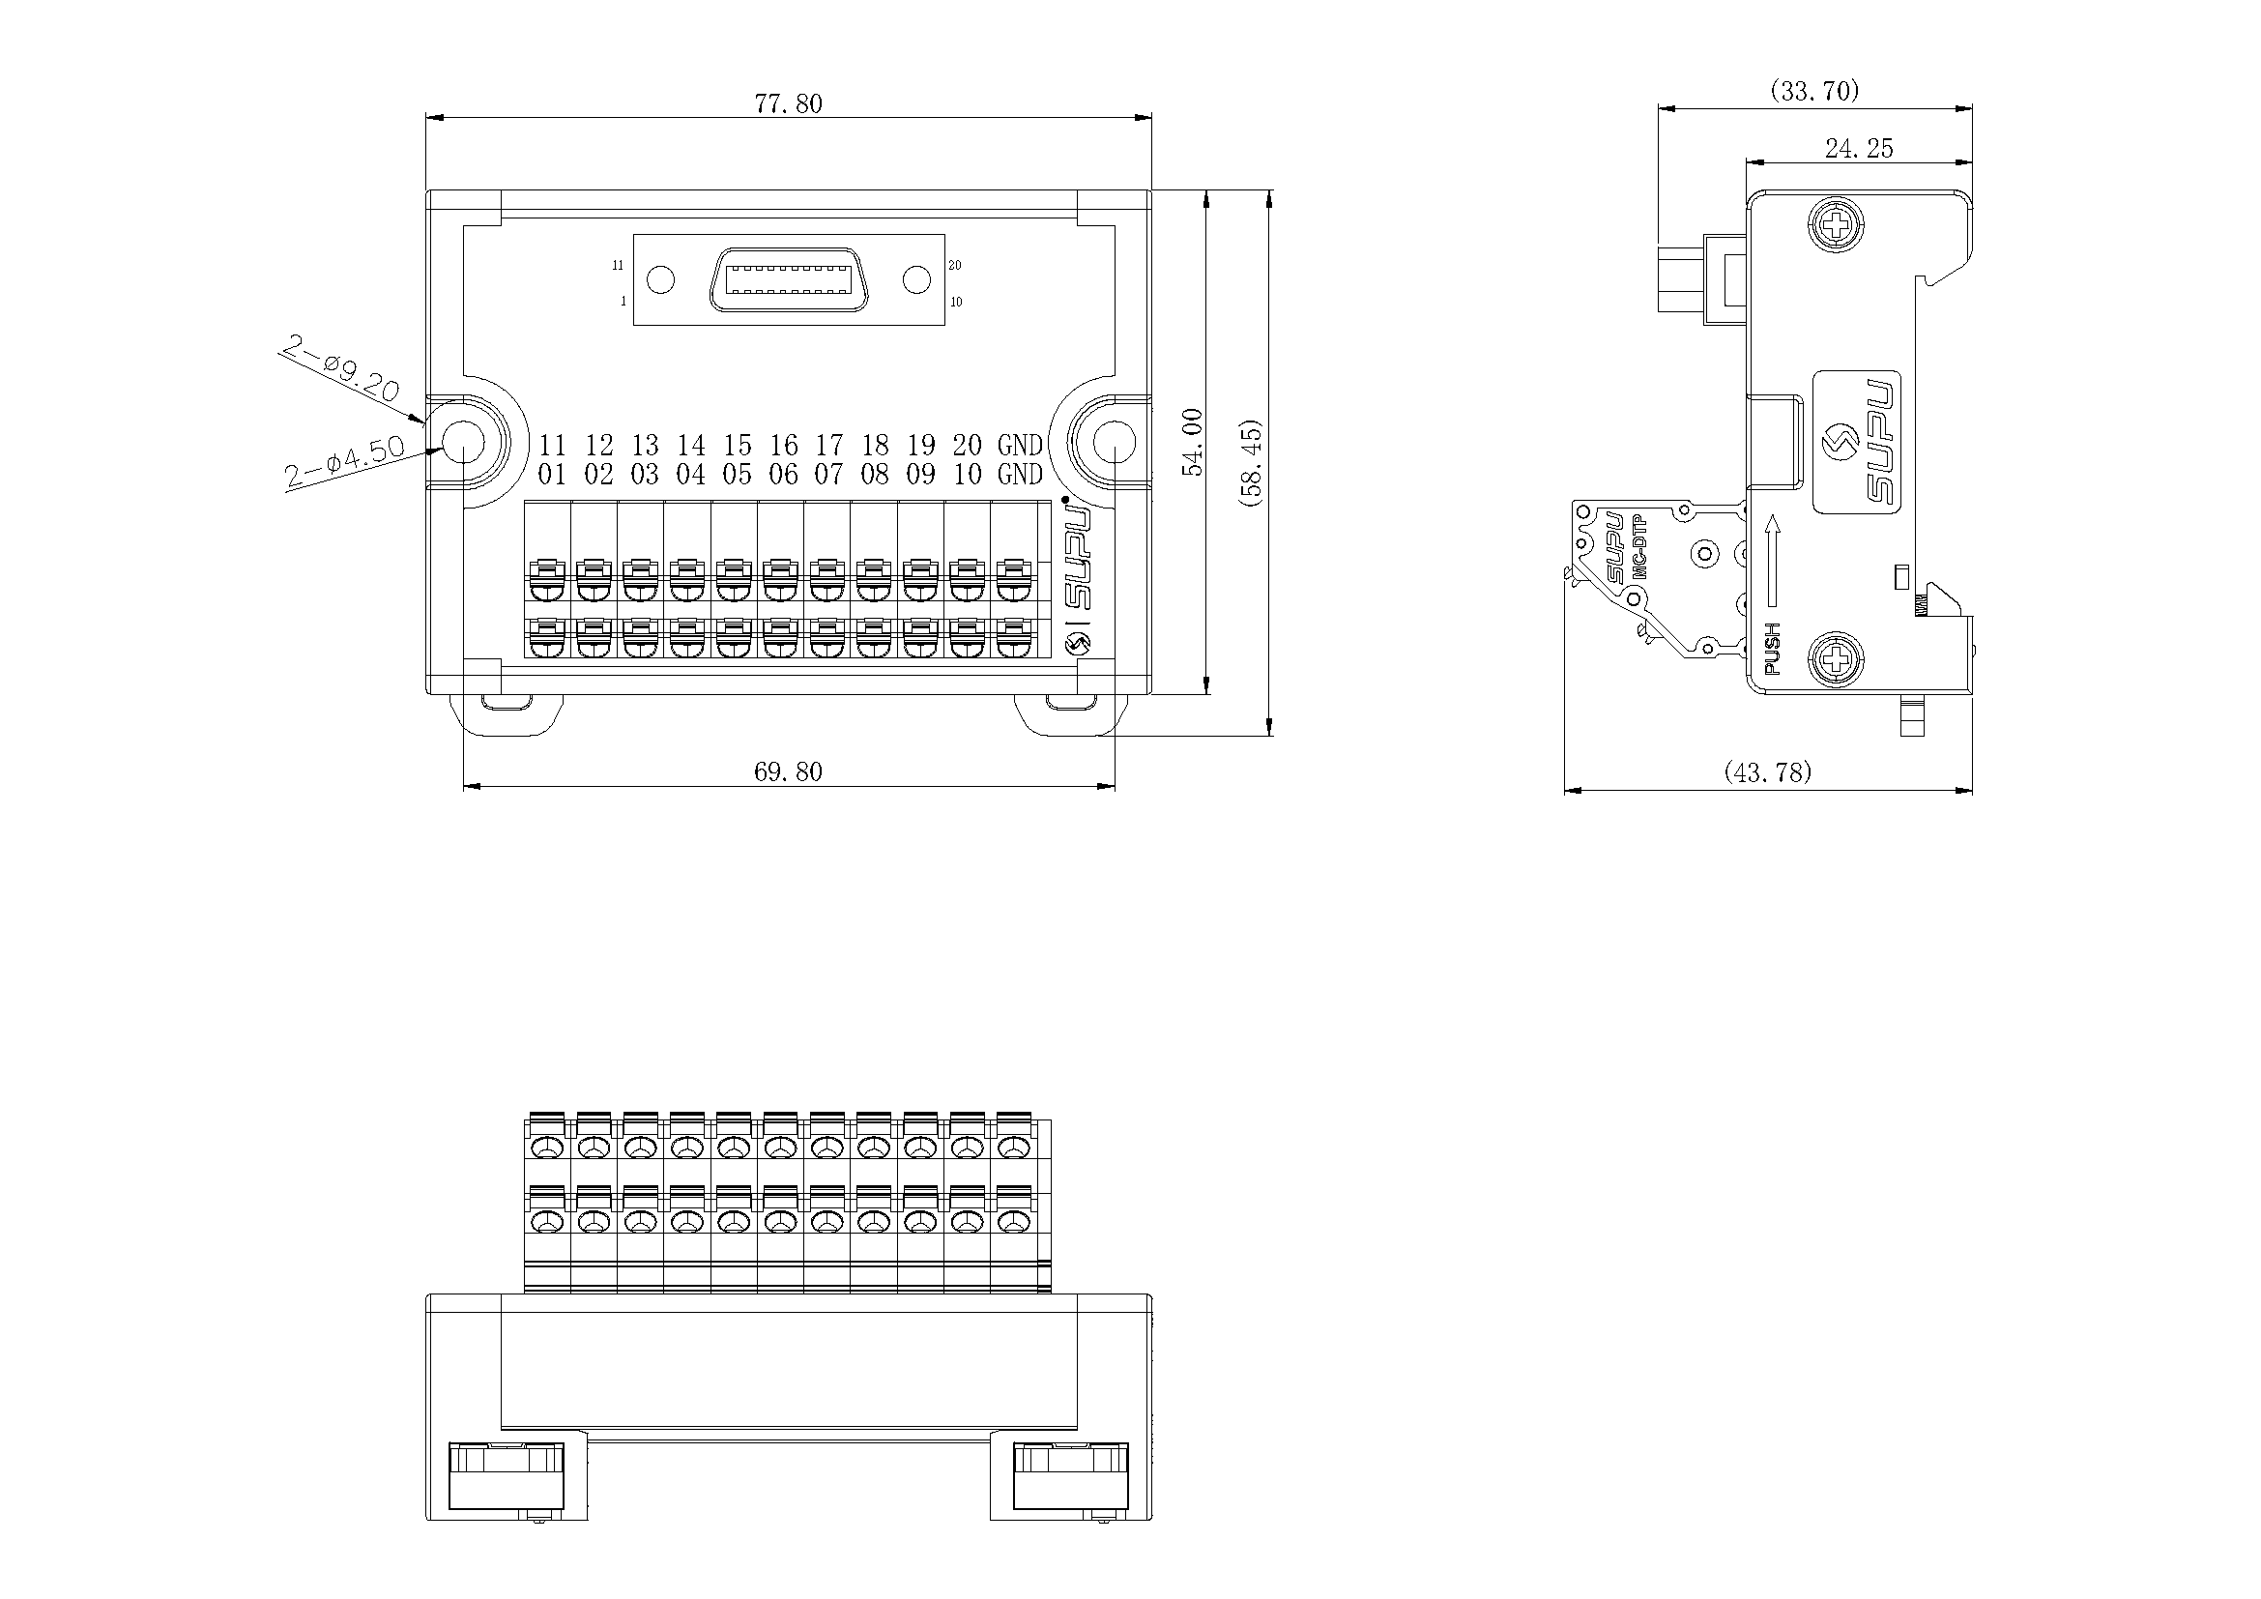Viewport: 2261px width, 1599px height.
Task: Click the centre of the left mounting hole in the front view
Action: pos(464,445)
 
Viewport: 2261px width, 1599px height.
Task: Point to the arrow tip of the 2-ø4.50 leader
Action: pos(444,449)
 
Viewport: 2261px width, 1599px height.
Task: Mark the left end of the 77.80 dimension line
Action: pos(426,118)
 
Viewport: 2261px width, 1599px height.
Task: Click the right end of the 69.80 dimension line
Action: pos(1115,786)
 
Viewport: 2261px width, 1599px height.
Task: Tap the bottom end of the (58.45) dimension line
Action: pos(1269,736)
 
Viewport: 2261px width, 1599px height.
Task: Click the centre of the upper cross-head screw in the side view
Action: pos(1837,227)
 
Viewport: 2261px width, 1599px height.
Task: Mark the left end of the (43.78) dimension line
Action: pos(1565,789)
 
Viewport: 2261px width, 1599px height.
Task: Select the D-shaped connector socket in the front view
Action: pos(789,279)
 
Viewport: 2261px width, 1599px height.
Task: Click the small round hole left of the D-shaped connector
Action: pos(661,279)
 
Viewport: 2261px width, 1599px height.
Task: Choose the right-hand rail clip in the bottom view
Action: pos(1071,1475)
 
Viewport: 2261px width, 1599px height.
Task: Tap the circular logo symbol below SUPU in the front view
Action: pos(1080,644)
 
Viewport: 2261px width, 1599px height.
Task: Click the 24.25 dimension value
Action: pos(1859,149)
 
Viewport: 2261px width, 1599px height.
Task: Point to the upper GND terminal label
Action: pos(1020,445)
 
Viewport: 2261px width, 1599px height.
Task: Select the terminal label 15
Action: pos(737,445)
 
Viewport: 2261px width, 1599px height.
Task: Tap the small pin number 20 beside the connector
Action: pos(955,265)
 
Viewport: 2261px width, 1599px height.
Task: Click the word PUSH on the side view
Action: pos(1773,648)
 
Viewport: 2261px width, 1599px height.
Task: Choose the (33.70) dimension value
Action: pos(1815,92)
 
